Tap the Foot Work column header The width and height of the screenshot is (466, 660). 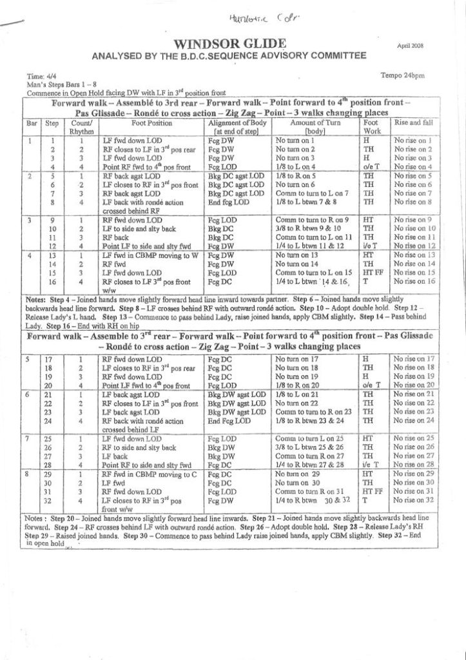point(371,125)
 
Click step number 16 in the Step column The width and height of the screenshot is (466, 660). point(52,281)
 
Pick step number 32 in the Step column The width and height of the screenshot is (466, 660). point(52,500)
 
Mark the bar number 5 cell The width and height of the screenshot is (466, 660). point(29,358)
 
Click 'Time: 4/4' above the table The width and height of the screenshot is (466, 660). point(39,77)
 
